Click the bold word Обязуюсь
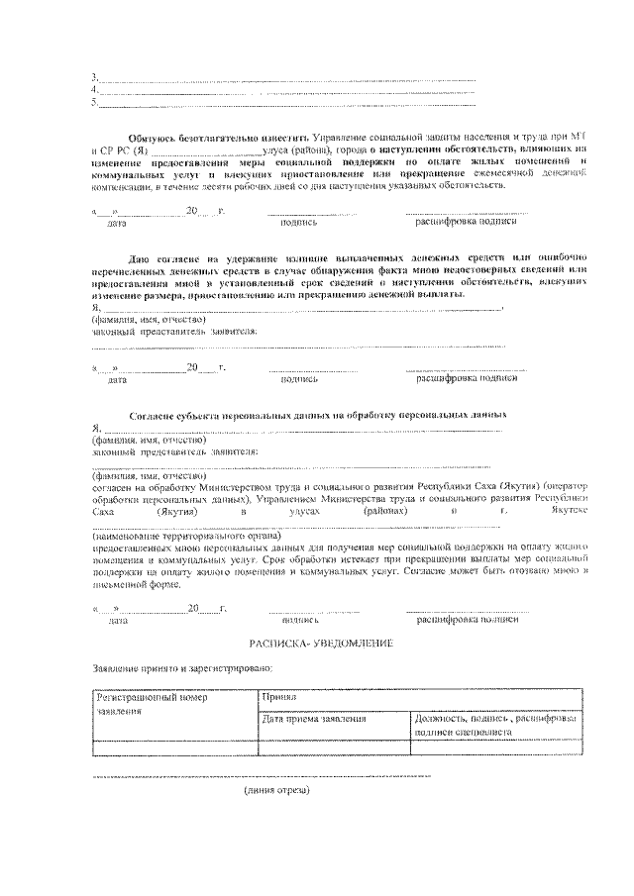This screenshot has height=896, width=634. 154,135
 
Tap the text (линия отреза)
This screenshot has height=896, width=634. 277,790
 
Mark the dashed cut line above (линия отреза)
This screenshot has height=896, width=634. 262,776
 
